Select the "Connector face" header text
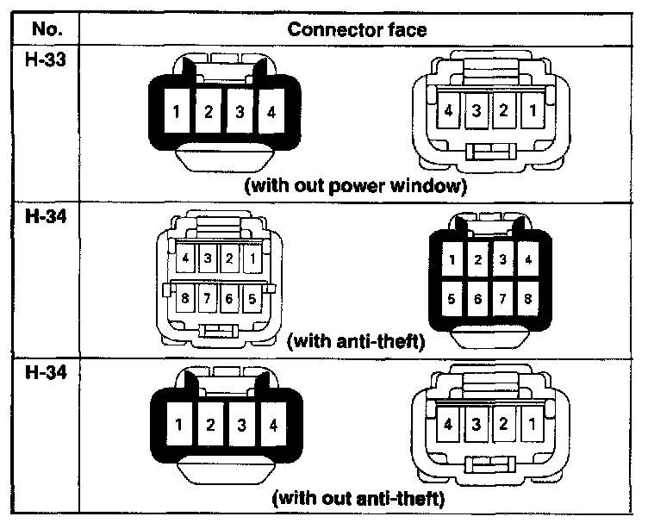[357, 29]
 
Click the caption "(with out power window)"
[356, 188]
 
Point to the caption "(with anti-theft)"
[357, 341]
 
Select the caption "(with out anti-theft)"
[358, 498]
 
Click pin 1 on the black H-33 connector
[176, 113]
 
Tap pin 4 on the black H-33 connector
[271, 113]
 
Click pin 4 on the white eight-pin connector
[185, 258]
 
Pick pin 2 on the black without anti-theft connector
[209, 424]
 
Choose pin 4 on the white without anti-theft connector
[450, 424]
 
